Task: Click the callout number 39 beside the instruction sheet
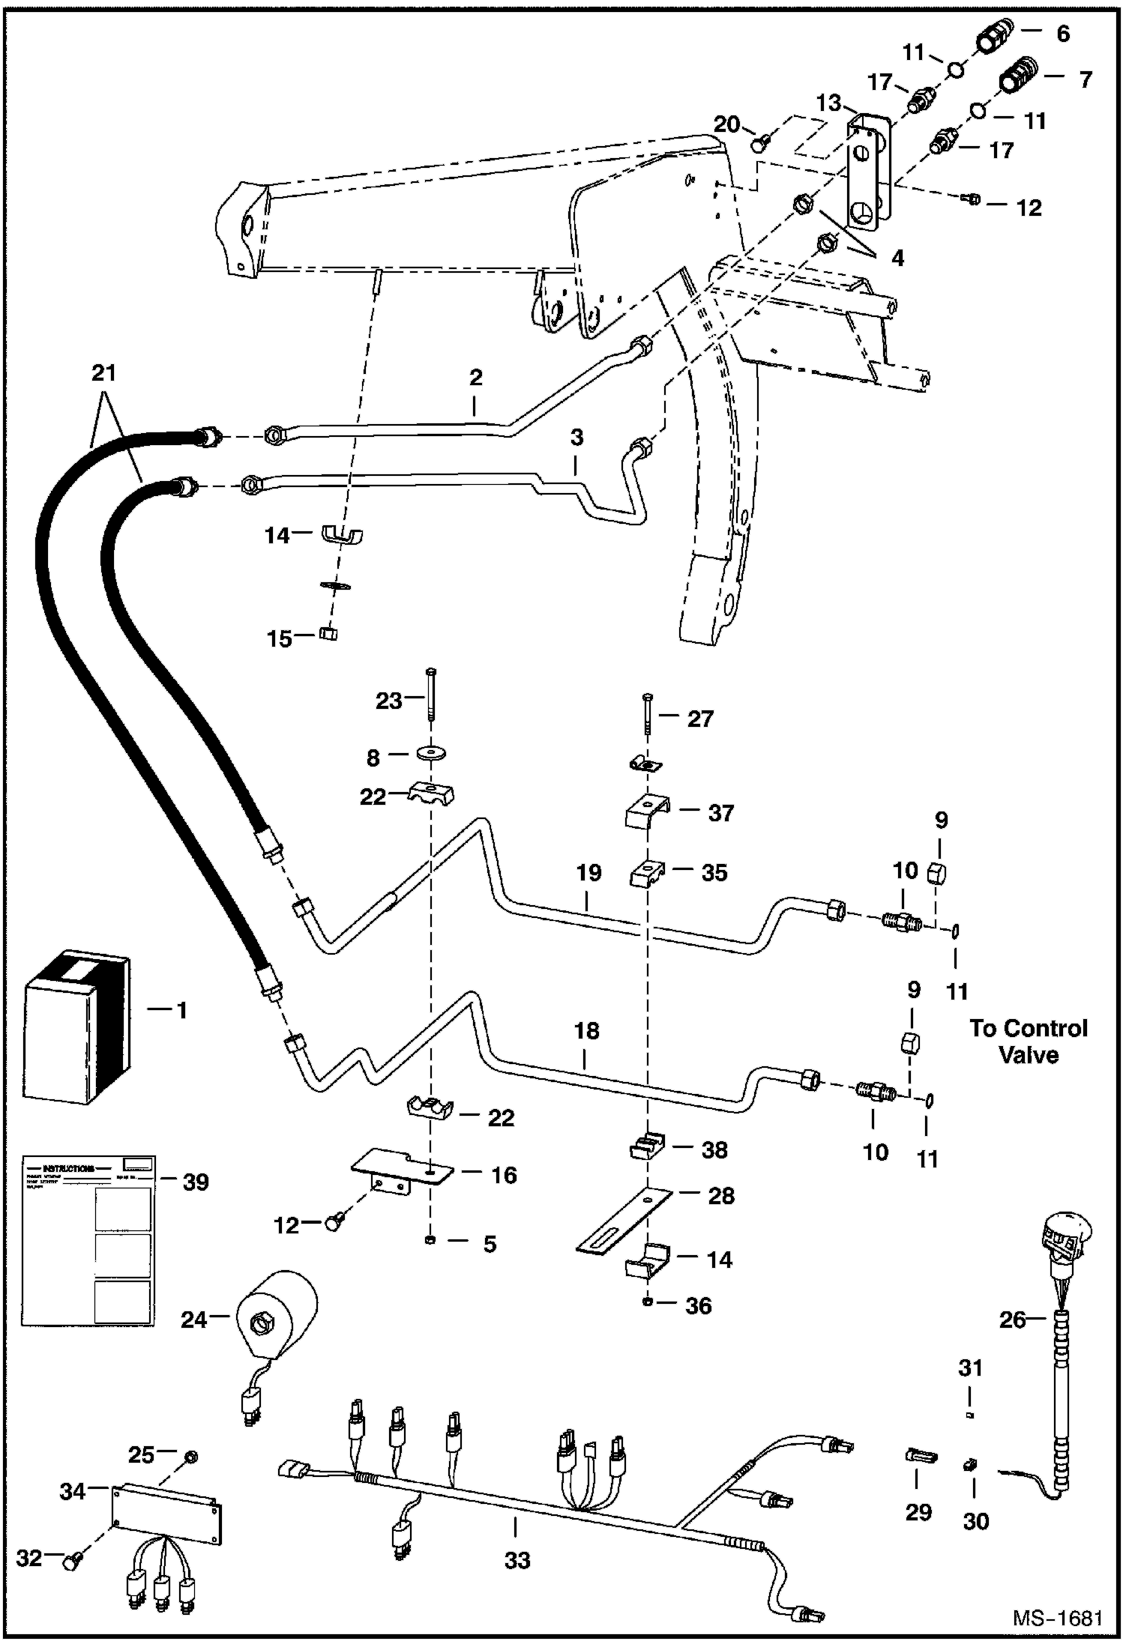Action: [x=195, y=1182]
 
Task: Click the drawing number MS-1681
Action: [x=1057, y=1617]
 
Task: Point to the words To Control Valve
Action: [x=1028, y=1041]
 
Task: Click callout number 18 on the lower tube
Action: [x=586, y=1031]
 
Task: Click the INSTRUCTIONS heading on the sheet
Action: [x=68, y=1168]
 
